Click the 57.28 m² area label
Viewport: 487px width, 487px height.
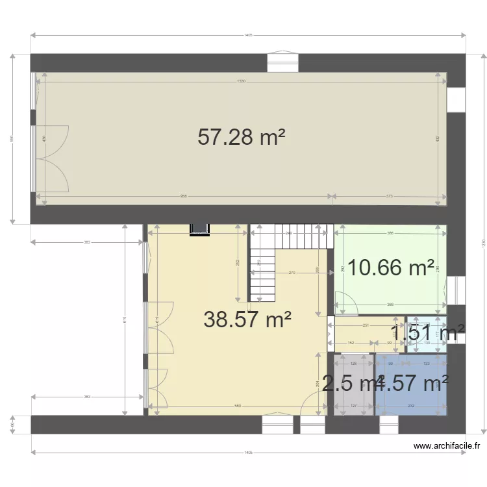click(242, 137)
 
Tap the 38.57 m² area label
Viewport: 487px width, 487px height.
click(247, 319)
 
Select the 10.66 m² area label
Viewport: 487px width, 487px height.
click(391, 267)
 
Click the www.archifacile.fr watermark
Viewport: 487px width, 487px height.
click(447, 446)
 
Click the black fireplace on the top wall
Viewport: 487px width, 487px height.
click(199, 229)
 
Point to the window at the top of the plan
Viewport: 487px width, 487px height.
click(283, 62)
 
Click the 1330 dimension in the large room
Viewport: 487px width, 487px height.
click(241, 81)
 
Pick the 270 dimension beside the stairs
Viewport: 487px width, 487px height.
click(292, 273)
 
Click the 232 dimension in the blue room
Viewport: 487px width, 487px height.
click(410, 406)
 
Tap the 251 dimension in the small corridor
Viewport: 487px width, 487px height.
click(366, 326)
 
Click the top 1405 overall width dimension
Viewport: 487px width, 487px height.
click(247, 35)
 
